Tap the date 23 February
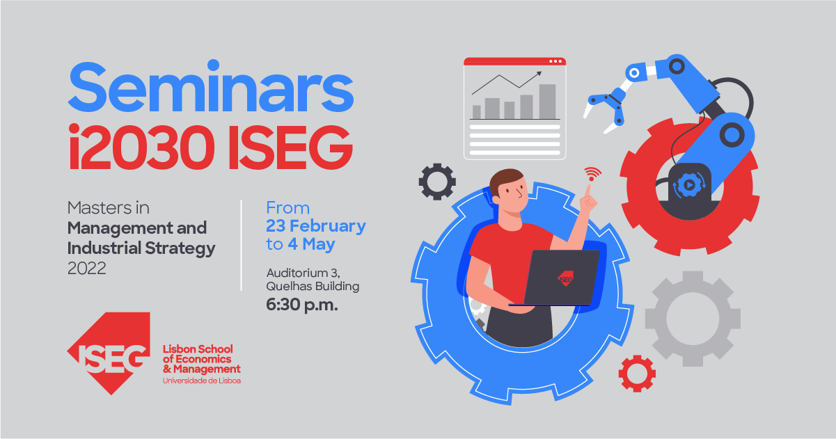click(315, 226)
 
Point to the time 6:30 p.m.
click(301, 305)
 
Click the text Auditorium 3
click(303, 272)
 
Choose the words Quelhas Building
click(313, 286)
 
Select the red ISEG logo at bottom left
click(109, 356)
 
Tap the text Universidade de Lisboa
click(201, 381)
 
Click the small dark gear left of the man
click(436, 182)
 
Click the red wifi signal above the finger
click(592, 172)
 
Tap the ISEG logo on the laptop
click(565, 279)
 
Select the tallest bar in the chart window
click(547, 102)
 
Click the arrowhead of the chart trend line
click(539, 72)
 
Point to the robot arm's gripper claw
click(604, 111)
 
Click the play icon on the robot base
click(686, 185)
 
